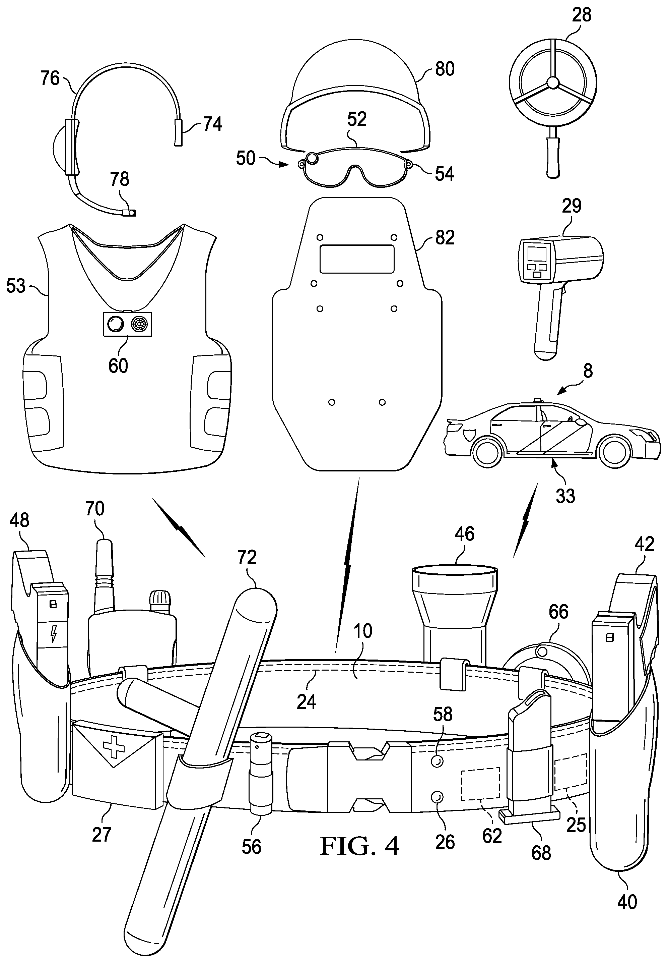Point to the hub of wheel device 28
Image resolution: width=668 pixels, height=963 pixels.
pos(552,84)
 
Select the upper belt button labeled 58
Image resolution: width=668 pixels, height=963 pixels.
pos(437,760)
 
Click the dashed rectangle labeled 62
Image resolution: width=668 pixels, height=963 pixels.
pos(480,783)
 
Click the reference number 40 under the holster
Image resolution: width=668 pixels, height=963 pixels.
pos(627,901)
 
